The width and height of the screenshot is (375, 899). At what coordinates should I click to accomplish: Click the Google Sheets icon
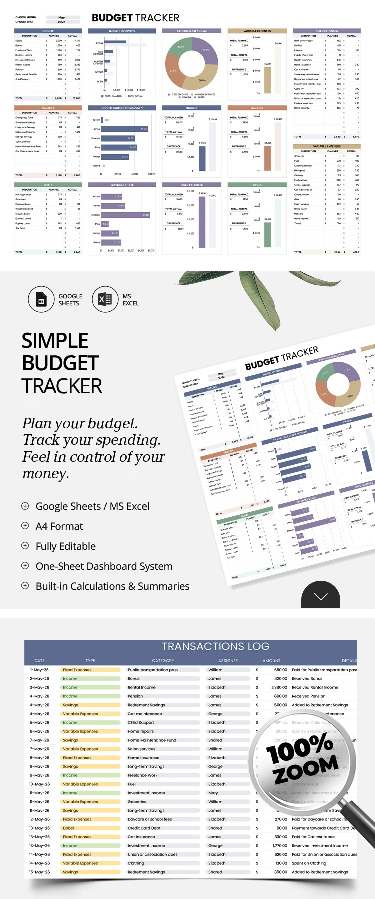[x=41, y=300]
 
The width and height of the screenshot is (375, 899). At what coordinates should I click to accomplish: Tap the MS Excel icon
[x=105, y=300]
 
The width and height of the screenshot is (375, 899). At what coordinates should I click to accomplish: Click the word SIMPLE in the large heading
[x=55, y=341]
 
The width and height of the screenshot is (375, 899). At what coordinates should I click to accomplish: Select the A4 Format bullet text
[x=59, y=526]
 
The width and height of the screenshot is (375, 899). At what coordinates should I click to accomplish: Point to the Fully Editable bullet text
[x=65, y=546]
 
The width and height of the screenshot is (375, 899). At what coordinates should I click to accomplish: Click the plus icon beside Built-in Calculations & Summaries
[x=25, y=586]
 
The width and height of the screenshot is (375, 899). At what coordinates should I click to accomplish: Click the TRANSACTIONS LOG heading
[x=215, y=646]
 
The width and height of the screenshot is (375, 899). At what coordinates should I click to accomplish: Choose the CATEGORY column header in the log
[x=163, y=661]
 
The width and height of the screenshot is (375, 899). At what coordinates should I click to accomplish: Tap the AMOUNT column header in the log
[x=271, y=661]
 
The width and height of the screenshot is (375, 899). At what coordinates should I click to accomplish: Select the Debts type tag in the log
[x=68, y=828]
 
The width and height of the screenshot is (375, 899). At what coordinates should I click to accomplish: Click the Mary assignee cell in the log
[x=213, y=793]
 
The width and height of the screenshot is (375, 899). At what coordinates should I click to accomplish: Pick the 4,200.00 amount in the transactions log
[x=280, y=679]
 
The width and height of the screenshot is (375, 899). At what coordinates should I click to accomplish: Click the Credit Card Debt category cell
[x=144, y=828]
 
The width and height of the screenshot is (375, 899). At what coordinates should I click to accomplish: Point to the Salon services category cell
[x=141, y=749]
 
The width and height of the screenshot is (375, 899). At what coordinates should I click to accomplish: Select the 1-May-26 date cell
[x=39, y=670]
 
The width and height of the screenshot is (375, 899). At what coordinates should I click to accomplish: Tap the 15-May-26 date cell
[x=39, y=872]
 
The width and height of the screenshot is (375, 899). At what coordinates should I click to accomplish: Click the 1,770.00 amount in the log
[x=280, y=846]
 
